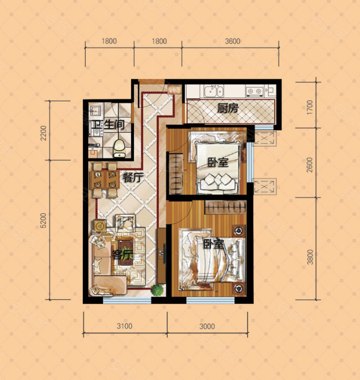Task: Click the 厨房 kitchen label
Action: (x=228, y=108)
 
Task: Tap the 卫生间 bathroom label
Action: (x=108, y=125)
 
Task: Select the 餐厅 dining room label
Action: (x=133, y=178)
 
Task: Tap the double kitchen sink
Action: (x=214, y=91)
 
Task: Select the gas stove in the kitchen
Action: (x=254, y=91)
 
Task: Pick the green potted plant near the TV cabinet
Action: (x=157, y=290)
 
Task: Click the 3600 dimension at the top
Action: (x=232, y=41)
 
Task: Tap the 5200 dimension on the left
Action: (x=43, y=221)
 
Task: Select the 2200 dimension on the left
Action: (x=43, y=133)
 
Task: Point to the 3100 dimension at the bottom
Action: (x=125, y=326)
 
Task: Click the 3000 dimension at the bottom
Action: (x=207, y=326)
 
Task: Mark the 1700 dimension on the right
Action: (x=310, y=107)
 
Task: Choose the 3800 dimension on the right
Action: (x=310, y=257)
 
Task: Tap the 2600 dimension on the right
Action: (x=310, y=165)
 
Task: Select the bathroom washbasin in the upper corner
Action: (x=96, y=110)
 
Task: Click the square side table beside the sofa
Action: (x=100, y=226)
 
